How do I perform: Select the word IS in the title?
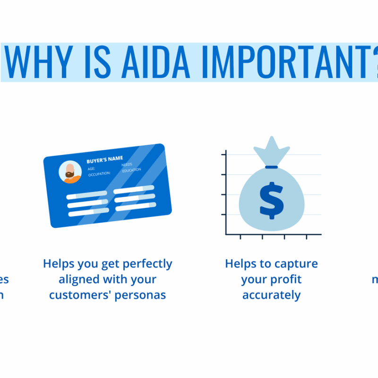coord(88,62)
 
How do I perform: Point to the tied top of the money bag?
coord(271,150)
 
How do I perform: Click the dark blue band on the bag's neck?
coord(271,167)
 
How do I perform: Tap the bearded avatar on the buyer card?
coord(70,172)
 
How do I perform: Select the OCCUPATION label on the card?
coord(99,173)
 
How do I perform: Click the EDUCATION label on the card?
coord(131,170)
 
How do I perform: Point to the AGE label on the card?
coord(92,168)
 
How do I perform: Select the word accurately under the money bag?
coord(271,295)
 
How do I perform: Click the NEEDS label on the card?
coord(127,164)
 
